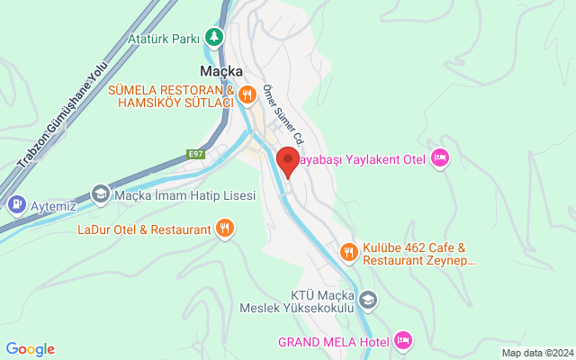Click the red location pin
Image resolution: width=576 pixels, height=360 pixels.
[x=288, y=161]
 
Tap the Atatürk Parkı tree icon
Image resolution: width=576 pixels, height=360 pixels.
[x=214, y=37]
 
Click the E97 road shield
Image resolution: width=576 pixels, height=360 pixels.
[x=196, y=155]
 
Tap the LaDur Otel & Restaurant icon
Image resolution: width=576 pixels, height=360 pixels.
[x=225, y=229]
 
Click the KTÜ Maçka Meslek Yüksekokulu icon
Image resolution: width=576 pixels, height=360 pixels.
[x=367, y=300]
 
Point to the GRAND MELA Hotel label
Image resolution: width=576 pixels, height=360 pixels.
[x=332, y=342]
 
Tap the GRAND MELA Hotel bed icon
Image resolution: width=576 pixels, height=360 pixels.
[x=402, y=341]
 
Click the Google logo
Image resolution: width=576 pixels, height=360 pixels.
[x=30, y=349]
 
